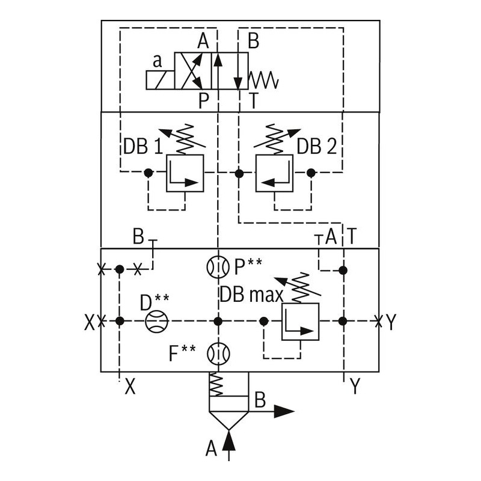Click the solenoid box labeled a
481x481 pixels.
pos(160,80)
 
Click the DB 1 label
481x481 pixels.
pos(143,147)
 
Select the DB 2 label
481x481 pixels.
pos(317,147)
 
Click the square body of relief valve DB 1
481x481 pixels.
pos(185,173)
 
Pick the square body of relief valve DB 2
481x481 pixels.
pos(274,173)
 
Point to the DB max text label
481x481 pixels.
pos(251,295)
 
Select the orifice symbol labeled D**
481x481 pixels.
pos(157,322)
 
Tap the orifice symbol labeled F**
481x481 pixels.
pos(217,354)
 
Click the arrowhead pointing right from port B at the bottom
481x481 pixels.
pos(284,412)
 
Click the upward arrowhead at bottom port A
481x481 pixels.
pos(228,441)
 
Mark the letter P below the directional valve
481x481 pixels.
pos(204,101)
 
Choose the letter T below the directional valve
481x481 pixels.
pos(254,101)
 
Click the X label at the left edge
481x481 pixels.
pos(89,323)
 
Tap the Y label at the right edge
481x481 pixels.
pos(391,323)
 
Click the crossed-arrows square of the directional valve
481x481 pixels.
pos(193,71)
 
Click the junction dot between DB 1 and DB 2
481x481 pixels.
pos(239,173)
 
